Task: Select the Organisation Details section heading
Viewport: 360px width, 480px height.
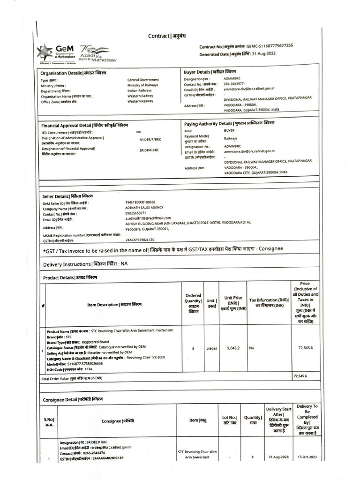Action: tap(73, 73)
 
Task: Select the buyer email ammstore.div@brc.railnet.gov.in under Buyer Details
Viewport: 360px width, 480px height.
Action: tap(249, 89)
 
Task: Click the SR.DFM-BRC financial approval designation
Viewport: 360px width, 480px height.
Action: tap(149, 150)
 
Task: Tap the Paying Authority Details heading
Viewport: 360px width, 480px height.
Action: tap(229, 123)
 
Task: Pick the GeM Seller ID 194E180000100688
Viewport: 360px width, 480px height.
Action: tap(140, 202)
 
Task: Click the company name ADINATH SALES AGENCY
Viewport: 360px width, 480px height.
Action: tap(144, 207)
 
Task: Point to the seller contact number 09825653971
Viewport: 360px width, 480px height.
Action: tap(135, 213)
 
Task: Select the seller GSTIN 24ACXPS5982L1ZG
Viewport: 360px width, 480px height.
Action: tap(140, 240)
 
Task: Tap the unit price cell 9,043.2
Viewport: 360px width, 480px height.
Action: tap(233, 348)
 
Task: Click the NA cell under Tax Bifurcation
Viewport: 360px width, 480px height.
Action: tap(252, 348)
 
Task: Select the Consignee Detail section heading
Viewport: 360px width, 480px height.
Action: tap(73, 399)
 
